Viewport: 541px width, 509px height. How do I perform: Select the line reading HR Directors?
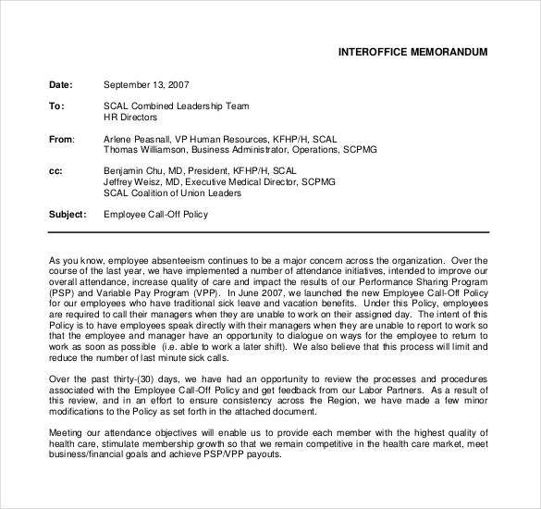pos(130,118)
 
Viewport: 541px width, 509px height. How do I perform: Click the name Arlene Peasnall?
pos(139,139)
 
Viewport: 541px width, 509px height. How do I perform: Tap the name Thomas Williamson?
pos(146,149)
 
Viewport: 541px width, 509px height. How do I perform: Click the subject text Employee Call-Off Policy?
pos(156,215)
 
